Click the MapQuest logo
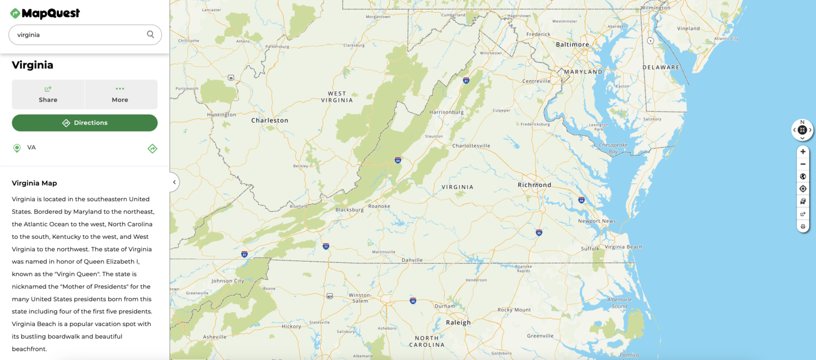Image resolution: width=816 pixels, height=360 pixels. click(x=45, y=13)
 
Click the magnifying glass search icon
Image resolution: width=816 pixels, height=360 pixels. click(x=150, y=35)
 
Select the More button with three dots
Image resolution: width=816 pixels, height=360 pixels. click(x=121, y=94)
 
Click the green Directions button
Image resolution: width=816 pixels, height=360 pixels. click(x=85, y=123)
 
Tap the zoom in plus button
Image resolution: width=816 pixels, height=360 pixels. click(x=803, y=152)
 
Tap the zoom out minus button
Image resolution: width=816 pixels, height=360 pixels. click(x=803, y=164)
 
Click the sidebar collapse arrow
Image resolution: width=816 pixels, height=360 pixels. click(x=174, y=182)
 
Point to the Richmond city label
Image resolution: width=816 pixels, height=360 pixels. click(x=534, y=185)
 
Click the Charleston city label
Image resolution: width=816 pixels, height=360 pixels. click(x=269, y=121)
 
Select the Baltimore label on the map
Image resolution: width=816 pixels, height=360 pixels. click(x=572, y=45)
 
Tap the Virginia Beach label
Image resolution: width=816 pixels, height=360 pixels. click(x=623, y=247)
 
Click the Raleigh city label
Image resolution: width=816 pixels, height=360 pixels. click(x=458, y=322)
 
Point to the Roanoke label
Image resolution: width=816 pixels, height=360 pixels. click(x=379, y=206)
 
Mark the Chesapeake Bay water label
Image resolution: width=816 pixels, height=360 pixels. click(x=613, y=148)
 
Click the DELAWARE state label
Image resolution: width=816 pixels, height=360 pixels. click(x=661, y=67)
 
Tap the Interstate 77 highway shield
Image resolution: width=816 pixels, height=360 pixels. click(x=326, y=246)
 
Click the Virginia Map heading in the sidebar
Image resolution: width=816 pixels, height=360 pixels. click(x=35, y=183)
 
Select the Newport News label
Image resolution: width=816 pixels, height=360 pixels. click(x=597, y=221)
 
